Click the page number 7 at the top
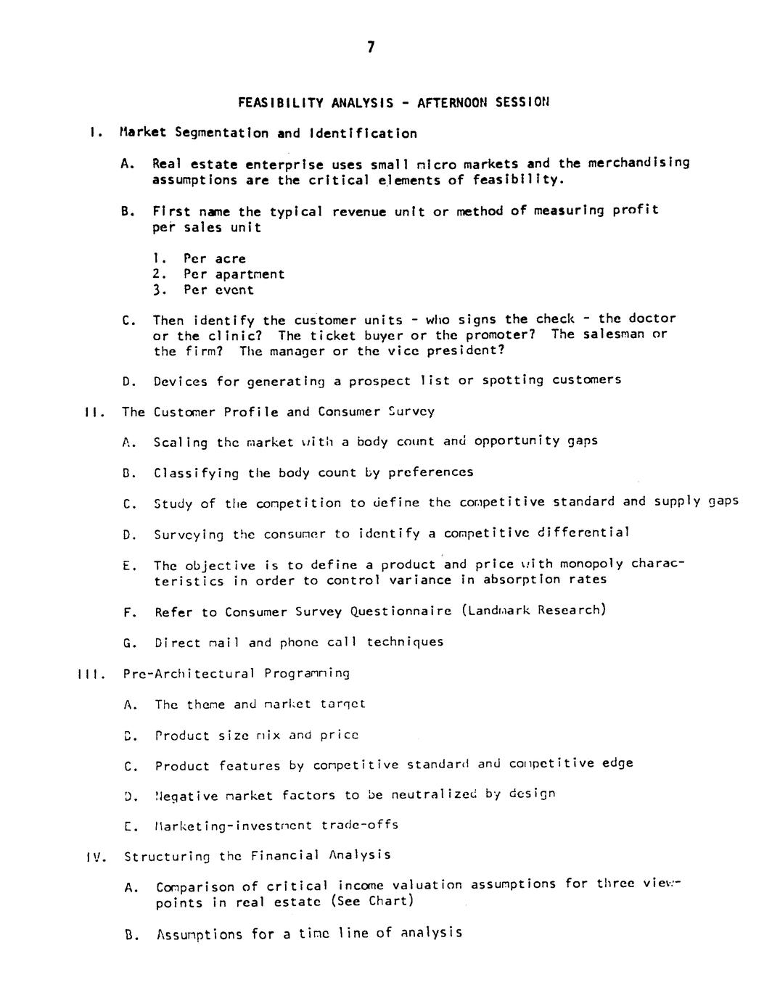point(371,48)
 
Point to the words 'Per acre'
point(215,258)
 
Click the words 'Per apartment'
point(234,274)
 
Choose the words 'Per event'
point(218,289)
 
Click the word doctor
point(652,318)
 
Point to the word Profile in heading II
point(250,412)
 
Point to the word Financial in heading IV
point(285,855)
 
